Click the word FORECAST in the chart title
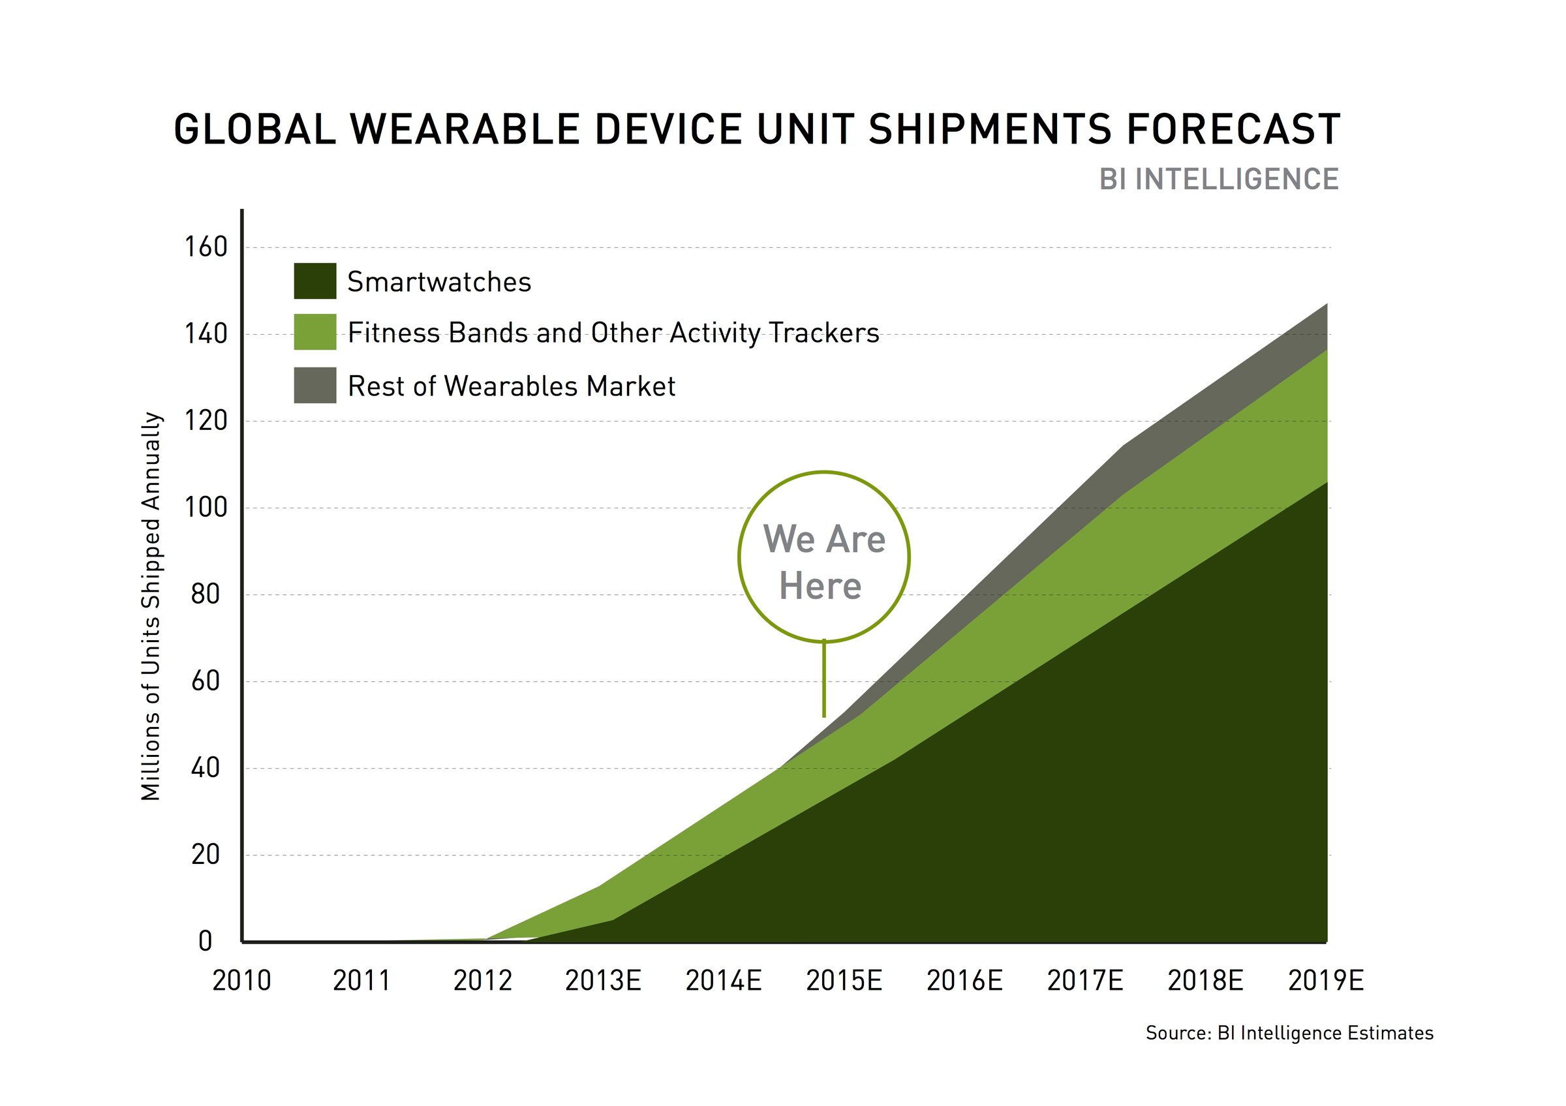pyautogui.click(x=1233, y=130)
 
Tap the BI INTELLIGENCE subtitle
pyautogui.click(x=1219, y=179)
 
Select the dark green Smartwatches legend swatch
pyautogui.click(x=315, y=281)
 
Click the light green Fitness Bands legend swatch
pyautogui.click(x=315, y=332)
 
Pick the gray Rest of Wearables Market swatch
pyautogui.click(x=315, y=385)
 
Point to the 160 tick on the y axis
pyautogui.click(x=206, y=247)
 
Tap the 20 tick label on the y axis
pyautogui.click(x=206, y=854)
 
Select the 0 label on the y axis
pyautogui.click(x=206, y=942)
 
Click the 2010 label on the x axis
pyautogui.click(x=241, y=981)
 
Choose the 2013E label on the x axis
pyautogui.click(x=603, y=981)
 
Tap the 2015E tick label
pyautogui.click(x=844, y=981)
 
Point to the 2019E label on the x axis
pyautogui.click(x=1325, y=981)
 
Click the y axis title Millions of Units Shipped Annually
pyautogui.click(x=151, y=606)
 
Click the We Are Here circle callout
pyautogui.click(x=824, y=557)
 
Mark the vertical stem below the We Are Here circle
pyautogui.click(x=824, y=679)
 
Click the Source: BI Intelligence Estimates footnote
pyautogui.click(x=1289, y=1033)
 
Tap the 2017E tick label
pyautogui.click(x=1084, y=981)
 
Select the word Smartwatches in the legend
pyautogui.click(x=438, y=282)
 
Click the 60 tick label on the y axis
pyautogui.click(x=206, y=681)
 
